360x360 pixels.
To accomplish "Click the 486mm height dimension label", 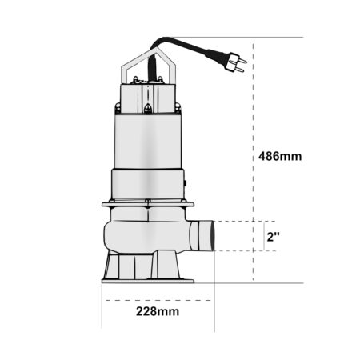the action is point(280,156).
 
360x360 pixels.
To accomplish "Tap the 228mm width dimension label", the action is point(158,311).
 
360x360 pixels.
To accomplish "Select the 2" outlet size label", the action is point(274,237).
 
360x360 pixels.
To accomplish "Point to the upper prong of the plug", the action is point(242,61).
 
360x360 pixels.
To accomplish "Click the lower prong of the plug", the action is point(239,70).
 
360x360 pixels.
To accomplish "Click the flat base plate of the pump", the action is point(148,281).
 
